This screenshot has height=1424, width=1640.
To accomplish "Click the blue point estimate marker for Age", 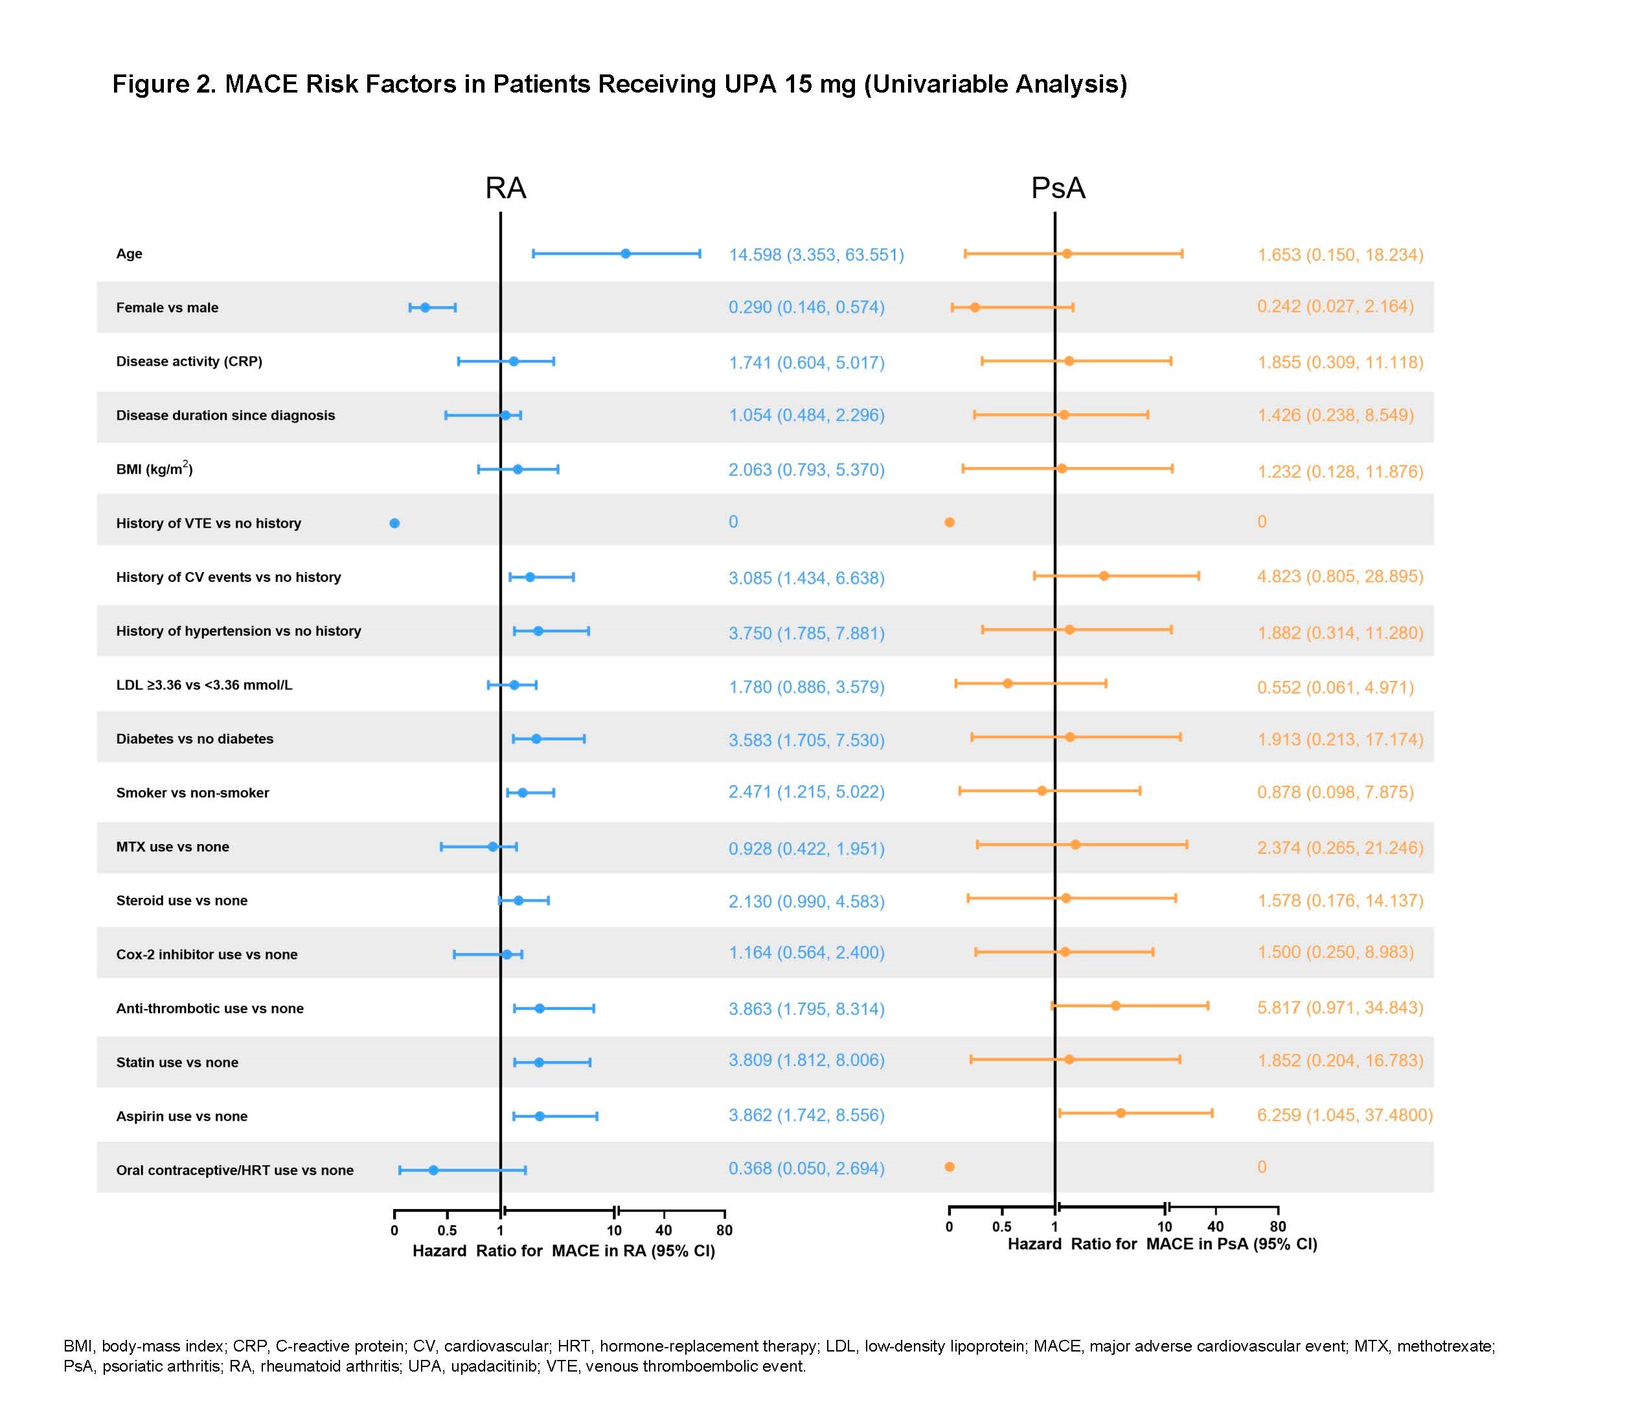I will coord(626,254).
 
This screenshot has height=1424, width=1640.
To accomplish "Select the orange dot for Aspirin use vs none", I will coord(1121,1113).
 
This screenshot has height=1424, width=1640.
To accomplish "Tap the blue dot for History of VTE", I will coord(394,523).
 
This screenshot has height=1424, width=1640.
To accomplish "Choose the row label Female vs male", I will coord(167,307).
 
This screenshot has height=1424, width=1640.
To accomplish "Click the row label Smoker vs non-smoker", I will coord(192,792).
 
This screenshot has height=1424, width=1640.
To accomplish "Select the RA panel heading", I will coord(506,188).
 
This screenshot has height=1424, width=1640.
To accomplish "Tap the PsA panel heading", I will coord(1058,188).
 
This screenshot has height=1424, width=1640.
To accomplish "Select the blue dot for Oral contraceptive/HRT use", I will coord(433,1170).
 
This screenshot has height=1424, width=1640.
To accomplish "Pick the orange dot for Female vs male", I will coord(975,307).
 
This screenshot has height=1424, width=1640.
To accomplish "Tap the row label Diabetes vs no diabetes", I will coord(195,739).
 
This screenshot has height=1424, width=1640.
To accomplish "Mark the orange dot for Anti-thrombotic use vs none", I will coord(1115,1006).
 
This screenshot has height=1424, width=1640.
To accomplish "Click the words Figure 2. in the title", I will coord(164,84).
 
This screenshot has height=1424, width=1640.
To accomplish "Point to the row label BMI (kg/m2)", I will coord(154,469).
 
